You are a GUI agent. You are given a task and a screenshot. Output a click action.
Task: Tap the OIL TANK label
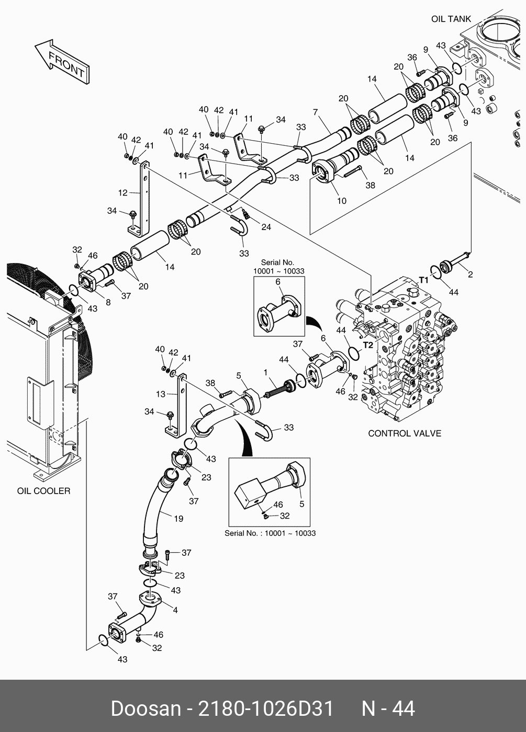tap(451, 19)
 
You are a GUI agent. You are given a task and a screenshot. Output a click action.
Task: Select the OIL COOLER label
tap(43, 491)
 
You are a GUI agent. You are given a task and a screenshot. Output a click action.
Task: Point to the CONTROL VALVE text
tap(404, 433)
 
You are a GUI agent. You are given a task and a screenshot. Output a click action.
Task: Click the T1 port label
tap(423, 280)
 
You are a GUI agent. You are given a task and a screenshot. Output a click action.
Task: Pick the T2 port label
tap(368, 345)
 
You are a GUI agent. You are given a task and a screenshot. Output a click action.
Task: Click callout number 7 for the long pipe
tap(316, 112)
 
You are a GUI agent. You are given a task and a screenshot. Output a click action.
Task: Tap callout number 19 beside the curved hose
tap(178, 519)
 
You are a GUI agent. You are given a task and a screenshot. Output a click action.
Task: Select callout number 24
tap(266, 227)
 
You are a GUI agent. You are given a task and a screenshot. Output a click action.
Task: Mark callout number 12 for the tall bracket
tap(122, 193)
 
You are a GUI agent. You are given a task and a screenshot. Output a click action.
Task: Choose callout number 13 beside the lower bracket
tap(160, 394)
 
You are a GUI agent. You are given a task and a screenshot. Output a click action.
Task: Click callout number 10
tap(341, 201)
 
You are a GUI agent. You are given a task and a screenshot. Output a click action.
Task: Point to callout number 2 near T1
tap(470, 274)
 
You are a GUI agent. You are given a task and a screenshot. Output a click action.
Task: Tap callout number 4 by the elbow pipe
tap(175, 610)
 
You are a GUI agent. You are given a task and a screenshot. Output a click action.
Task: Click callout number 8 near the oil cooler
tap(108, 302)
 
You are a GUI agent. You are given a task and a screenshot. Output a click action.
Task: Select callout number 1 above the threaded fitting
tap(266, 372)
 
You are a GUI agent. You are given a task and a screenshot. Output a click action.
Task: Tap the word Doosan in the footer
tap(145, 709)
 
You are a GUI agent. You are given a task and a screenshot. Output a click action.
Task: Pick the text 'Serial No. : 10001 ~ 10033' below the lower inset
tap(270, 533)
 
